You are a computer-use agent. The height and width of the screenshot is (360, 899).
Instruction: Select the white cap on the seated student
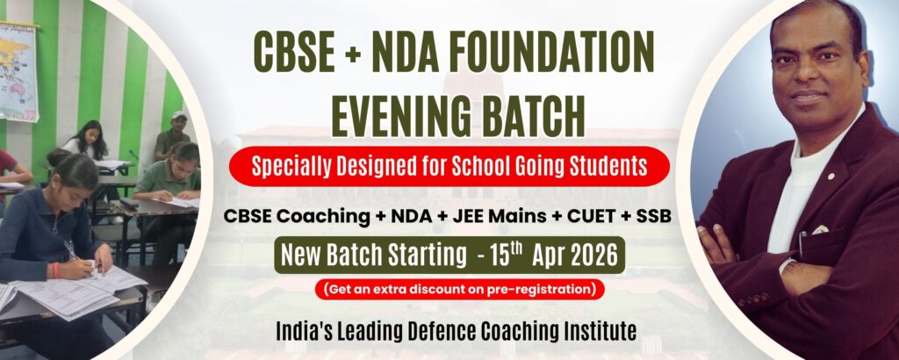click(179, 115)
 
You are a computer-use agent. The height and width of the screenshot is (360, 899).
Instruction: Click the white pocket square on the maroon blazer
click(818, 230)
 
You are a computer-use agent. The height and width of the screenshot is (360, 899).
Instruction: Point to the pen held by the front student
click(69, 249)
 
